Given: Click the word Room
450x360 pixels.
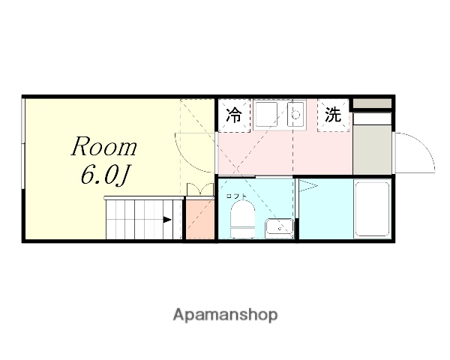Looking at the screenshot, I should [103, 146].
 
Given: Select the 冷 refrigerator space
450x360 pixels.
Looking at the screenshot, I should [234, 115].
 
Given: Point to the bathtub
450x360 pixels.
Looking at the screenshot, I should [370, 209].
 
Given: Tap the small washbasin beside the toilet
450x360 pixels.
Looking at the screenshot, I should [278, 227].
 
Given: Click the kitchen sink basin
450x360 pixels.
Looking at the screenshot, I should [265, 115].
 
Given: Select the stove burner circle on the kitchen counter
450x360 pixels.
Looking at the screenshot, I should [295, 115].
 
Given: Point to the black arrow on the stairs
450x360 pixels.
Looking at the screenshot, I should [167, 220].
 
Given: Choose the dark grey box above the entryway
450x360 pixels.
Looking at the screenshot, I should [371, 103].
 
